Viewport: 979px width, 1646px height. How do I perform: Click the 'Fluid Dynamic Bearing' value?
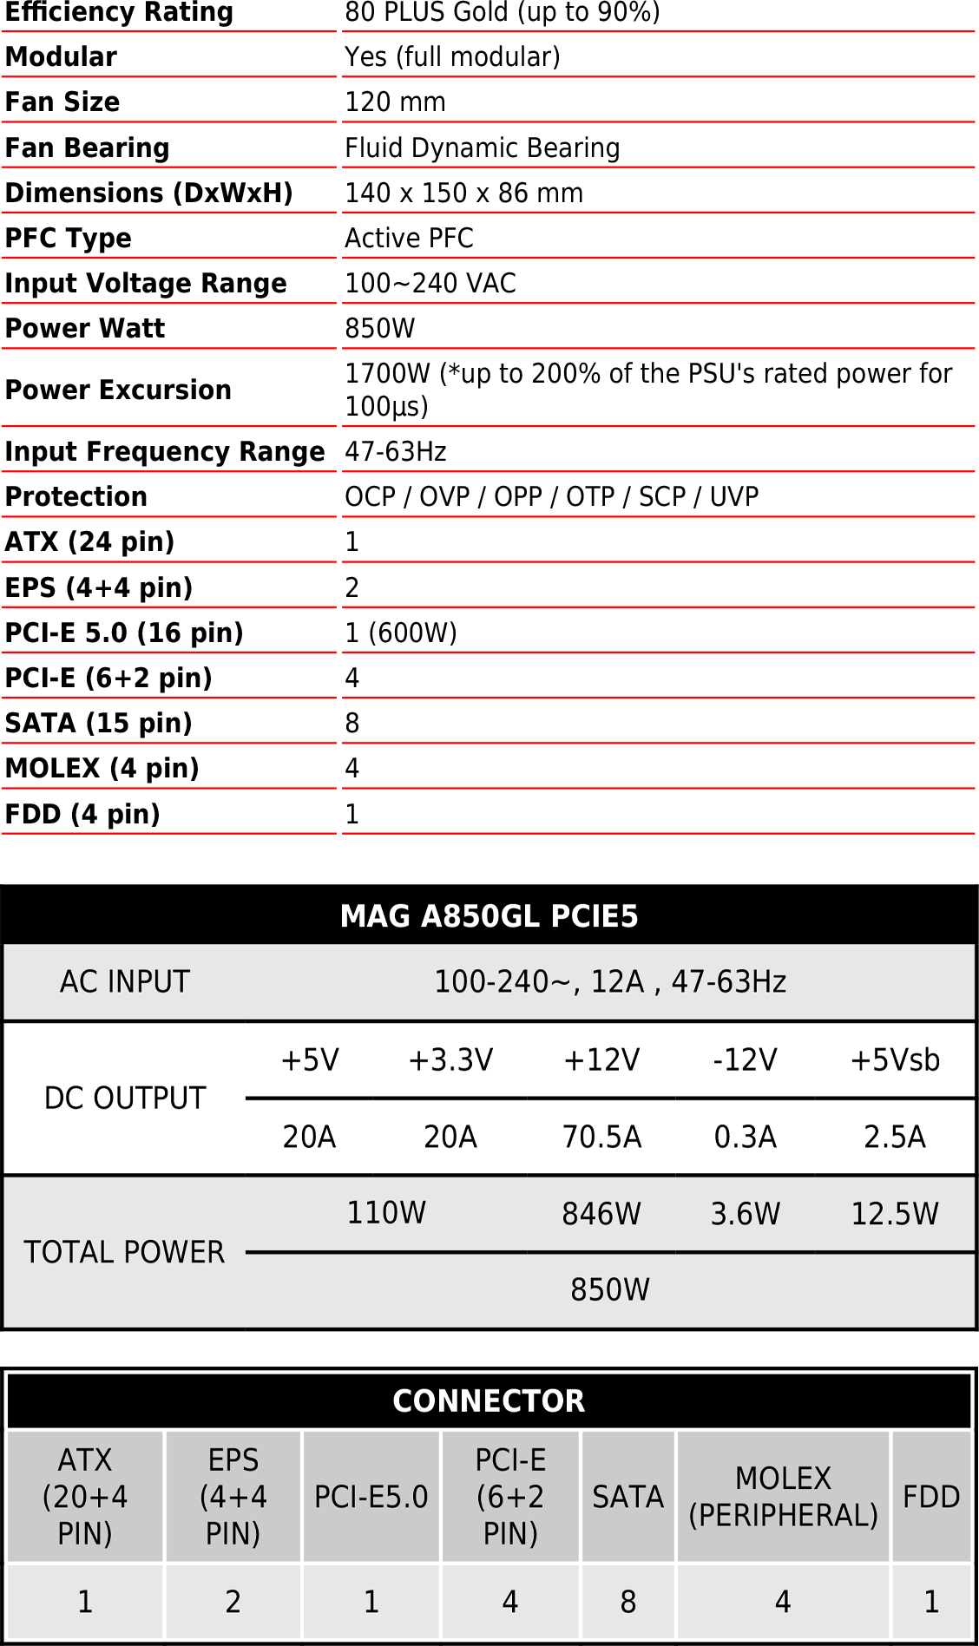point(482,148)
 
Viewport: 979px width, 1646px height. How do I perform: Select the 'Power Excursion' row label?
point(118,390)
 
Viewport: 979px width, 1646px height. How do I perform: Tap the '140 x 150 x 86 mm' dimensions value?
point(463,193)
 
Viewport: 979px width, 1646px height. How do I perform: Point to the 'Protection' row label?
point(76,496)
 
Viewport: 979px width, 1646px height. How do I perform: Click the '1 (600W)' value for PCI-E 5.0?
point(400,633)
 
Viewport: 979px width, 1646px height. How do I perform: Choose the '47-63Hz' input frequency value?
point(396,451)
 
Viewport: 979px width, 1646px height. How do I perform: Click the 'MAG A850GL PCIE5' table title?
point(489,915)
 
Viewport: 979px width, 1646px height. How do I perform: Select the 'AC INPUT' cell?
point(124,981)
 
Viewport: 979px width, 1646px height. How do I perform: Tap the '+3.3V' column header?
point(450,1059)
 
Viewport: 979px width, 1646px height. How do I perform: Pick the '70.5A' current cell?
point(601,1136)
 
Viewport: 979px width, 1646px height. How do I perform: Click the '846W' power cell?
point(601,1213)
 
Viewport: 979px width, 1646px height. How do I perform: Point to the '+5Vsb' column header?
point(895,1059)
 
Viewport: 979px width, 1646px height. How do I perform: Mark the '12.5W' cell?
point(895,1213)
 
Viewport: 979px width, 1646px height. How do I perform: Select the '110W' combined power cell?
point(386,1212)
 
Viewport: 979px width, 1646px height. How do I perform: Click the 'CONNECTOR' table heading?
point(489,1400)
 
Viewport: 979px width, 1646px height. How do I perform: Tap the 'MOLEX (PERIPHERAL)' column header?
point(783,1497)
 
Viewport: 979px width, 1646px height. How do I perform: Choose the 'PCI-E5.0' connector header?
point(371,1497)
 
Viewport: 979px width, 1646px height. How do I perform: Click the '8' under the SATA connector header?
point(627,1601)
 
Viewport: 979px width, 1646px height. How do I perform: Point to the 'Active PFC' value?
point(409,238)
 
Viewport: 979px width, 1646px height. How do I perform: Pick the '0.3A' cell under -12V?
point(745,1136)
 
